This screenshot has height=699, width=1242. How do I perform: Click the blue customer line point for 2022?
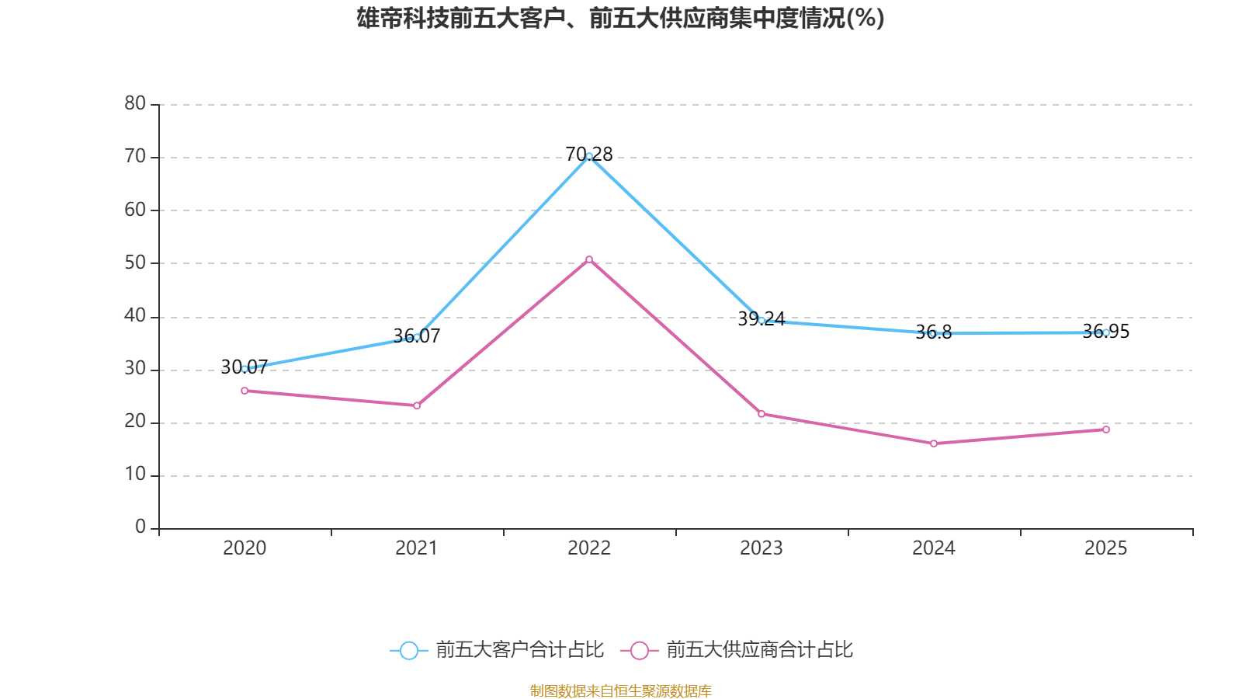tap(589, 156)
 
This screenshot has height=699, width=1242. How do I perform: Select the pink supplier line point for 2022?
tap(589, 259)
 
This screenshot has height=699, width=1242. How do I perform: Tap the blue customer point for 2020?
tap(245, 369)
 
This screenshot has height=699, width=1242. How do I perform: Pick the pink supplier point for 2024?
tap(934, 443)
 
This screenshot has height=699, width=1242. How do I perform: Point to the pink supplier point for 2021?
tap(417, 405)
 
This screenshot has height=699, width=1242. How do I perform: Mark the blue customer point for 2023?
tap(762, 320)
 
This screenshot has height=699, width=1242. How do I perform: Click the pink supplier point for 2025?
tap(1106, 429)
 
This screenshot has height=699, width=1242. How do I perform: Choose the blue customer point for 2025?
tap(1106, 332)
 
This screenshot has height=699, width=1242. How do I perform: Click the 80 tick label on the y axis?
tap(135, 103)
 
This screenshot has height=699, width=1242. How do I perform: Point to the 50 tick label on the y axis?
tap(135, 263)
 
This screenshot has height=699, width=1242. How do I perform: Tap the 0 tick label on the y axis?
tap(141, 527)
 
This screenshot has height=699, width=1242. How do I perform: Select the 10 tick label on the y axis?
tap(135, 475)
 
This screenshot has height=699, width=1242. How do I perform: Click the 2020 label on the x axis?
tap(245, 548)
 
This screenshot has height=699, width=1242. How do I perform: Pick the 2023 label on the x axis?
tap(762, 548)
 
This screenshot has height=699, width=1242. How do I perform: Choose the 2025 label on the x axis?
tap(1106, 548)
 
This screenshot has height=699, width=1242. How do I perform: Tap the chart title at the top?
tap(620, 18)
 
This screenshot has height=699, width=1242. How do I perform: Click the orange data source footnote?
tap(620, 690)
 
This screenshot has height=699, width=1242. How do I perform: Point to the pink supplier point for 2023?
tap(762, 414)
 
